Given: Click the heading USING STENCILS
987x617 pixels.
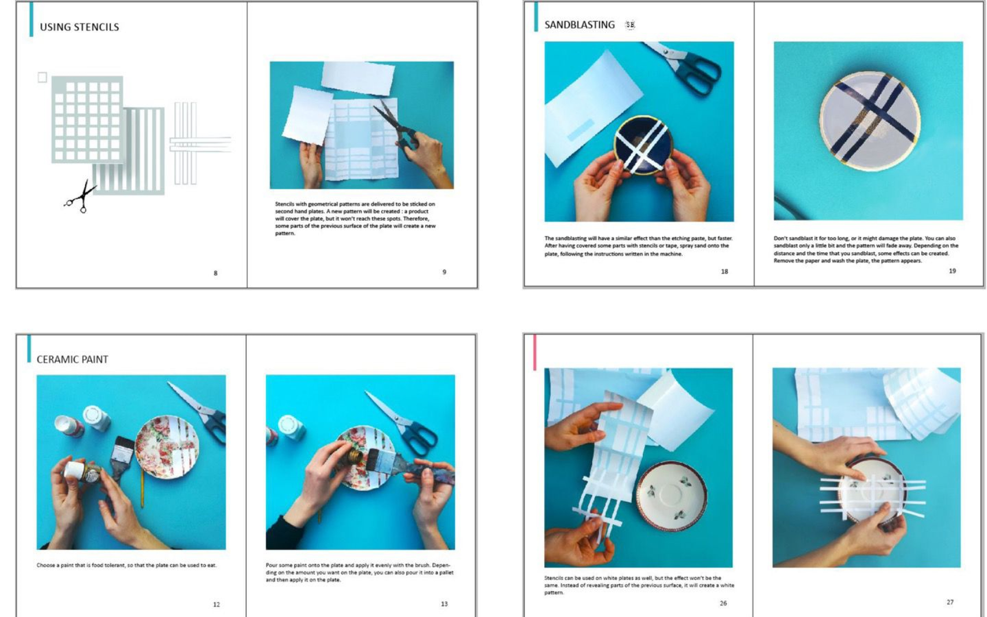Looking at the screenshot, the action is (x=80, y=27).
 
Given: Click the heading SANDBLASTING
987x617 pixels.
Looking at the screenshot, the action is (x=579, y=25).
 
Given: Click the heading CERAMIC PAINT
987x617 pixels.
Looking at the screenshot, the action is (x=72, y=359).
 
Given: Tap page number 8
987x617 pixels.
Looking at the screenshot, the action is (x=216, y=273).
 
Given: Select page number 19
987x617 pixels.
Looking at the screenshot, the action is (x=952, y=271).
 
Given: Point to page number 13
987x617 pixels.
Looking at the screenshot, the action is (x=444, y=604).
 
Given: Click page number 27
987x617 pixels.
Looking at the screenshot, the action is (x=950, y=602).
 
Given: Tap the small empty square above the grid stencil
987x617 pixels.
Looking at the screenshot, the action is (x=42, y=77).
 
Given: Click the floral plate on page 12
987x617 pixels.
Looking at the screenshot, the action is (x=167, y=447).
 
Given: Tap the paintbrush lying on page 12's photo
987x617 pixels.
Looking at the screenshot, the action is (x=122, y=457).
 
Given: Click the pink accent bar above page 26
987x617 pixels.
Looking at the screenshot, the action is (x=535, y=352).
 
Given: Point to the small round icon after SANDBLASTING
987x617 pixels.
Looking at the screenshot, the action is (x=630, y=25).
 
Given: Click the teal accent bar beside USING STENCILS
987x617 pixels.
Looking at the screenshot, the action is (x=31, y=19).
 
